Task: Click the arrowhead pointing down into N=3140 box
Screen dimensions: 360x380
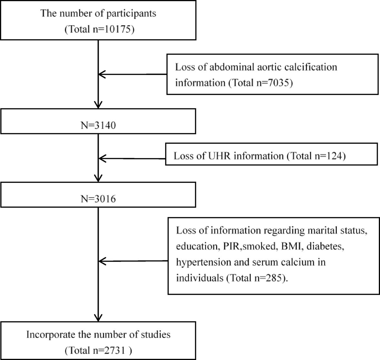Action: point(98,105)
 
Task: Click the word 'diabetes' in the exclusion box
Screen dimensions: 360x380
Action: point(324,246)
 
